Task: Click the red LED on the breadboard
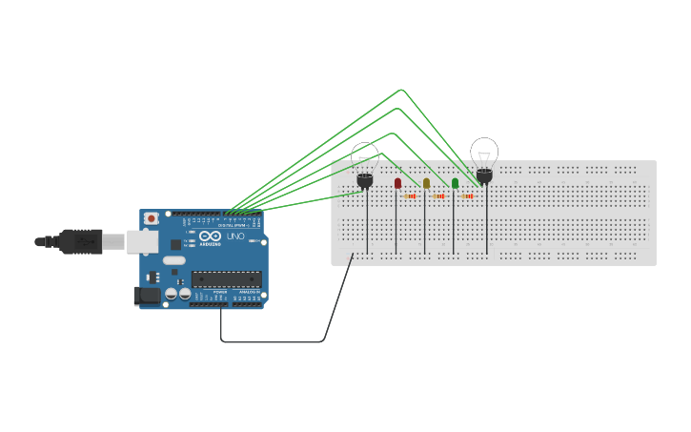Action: point(397,183)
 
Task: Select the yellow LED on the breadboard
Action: point(426,183)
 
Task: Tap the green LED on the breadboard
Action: point(455,183)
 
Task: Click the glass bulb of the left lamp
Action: point(365,155)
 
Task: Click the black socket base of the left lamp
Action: point(365,179)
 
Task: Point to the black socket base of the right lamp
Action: point(484,175)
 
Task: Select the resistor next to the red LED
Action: point(411,196)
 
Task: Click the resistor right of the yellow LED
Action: point(439,196)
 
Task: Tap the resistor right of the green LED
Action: point(468,196)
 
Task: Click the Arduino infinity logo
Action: point(211,237)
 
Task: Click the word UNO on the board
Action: point(235,236)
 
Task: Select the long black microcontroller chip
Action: point(226,278)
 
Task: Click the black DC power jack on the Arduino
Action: point(148,296)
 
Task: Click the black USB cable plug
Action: point(80,242)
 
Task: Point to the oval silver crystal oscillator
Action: point(173,259)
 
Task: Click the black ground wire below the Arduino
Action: point(272,340)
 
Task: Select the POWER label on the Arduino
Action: point(220,293)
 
